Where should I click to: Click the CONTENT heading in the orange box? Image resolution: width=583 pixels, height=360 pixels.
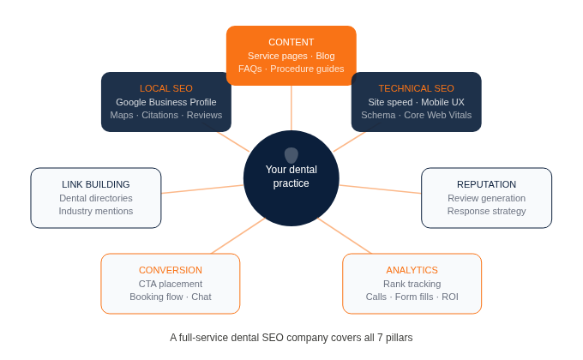click(291, 42)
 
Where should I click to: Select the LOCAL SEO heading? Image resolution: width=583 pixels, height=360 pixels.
click(166, 88)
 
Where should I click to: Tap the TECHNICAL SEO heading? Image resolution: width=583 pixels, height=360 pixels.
click(417, 88)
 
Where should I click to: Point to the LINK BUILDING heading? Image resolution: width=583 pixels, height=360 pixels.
click(96, 184)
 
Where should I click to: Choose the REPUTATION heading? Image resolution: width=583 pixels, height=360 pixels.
click(486, 184)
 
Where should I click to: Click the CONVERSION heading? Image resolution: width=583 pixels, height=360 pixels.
click(171, 270)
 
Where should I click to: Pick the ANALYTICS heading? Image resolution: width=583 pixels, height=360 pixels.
click(412, 270)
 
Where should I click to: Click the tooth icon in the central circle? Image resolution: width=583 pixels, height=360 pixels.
click(291, 155)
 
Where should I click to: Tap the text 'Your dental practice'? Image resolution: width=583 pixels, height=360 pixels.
click(291, 177)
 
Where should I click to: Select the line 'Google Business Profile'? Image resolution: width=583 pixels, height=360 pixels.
click(166, 102)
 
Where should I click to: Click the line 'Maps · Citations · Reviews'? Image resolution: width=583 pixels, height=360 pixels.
click(166, 115)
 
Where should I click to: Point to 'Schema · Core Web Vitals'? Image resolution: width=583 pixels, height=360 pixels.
click(417, 115)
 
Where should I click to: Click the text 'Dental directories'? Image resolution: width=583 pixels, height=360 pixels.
click(96, 198)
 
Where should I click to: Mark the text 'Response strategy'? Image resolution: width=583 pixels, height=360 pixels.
click(486, 211)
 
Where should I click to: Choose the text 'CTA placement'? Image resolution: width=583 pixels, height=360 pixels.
click(171, 284)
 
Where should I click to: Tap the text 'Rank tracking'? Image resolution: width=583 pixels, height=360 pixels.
click(412, 284)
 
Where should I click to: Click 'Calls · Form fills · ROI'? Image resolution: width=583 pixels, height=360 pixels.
click(412, 297)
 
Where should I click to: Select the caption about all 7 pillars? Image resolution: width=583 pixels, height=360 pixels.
click(291, 338)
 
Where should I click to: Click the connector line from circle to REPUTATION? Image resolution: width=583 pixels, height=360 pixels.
click(381, 189)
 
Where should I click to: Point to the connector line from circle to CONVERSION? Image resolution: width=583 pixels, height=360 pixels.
click(237, 237)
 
